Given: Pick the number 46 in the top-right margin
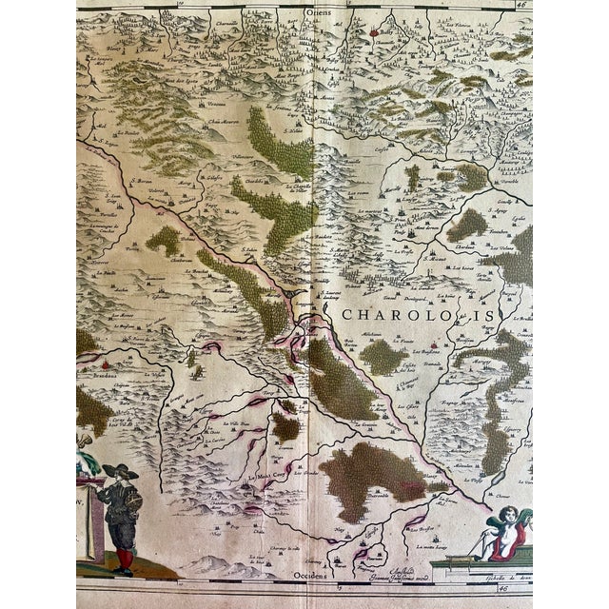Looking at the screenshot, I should pos(521,5).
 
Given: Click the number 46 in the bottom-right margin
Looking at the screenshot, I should pos(521,589).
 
